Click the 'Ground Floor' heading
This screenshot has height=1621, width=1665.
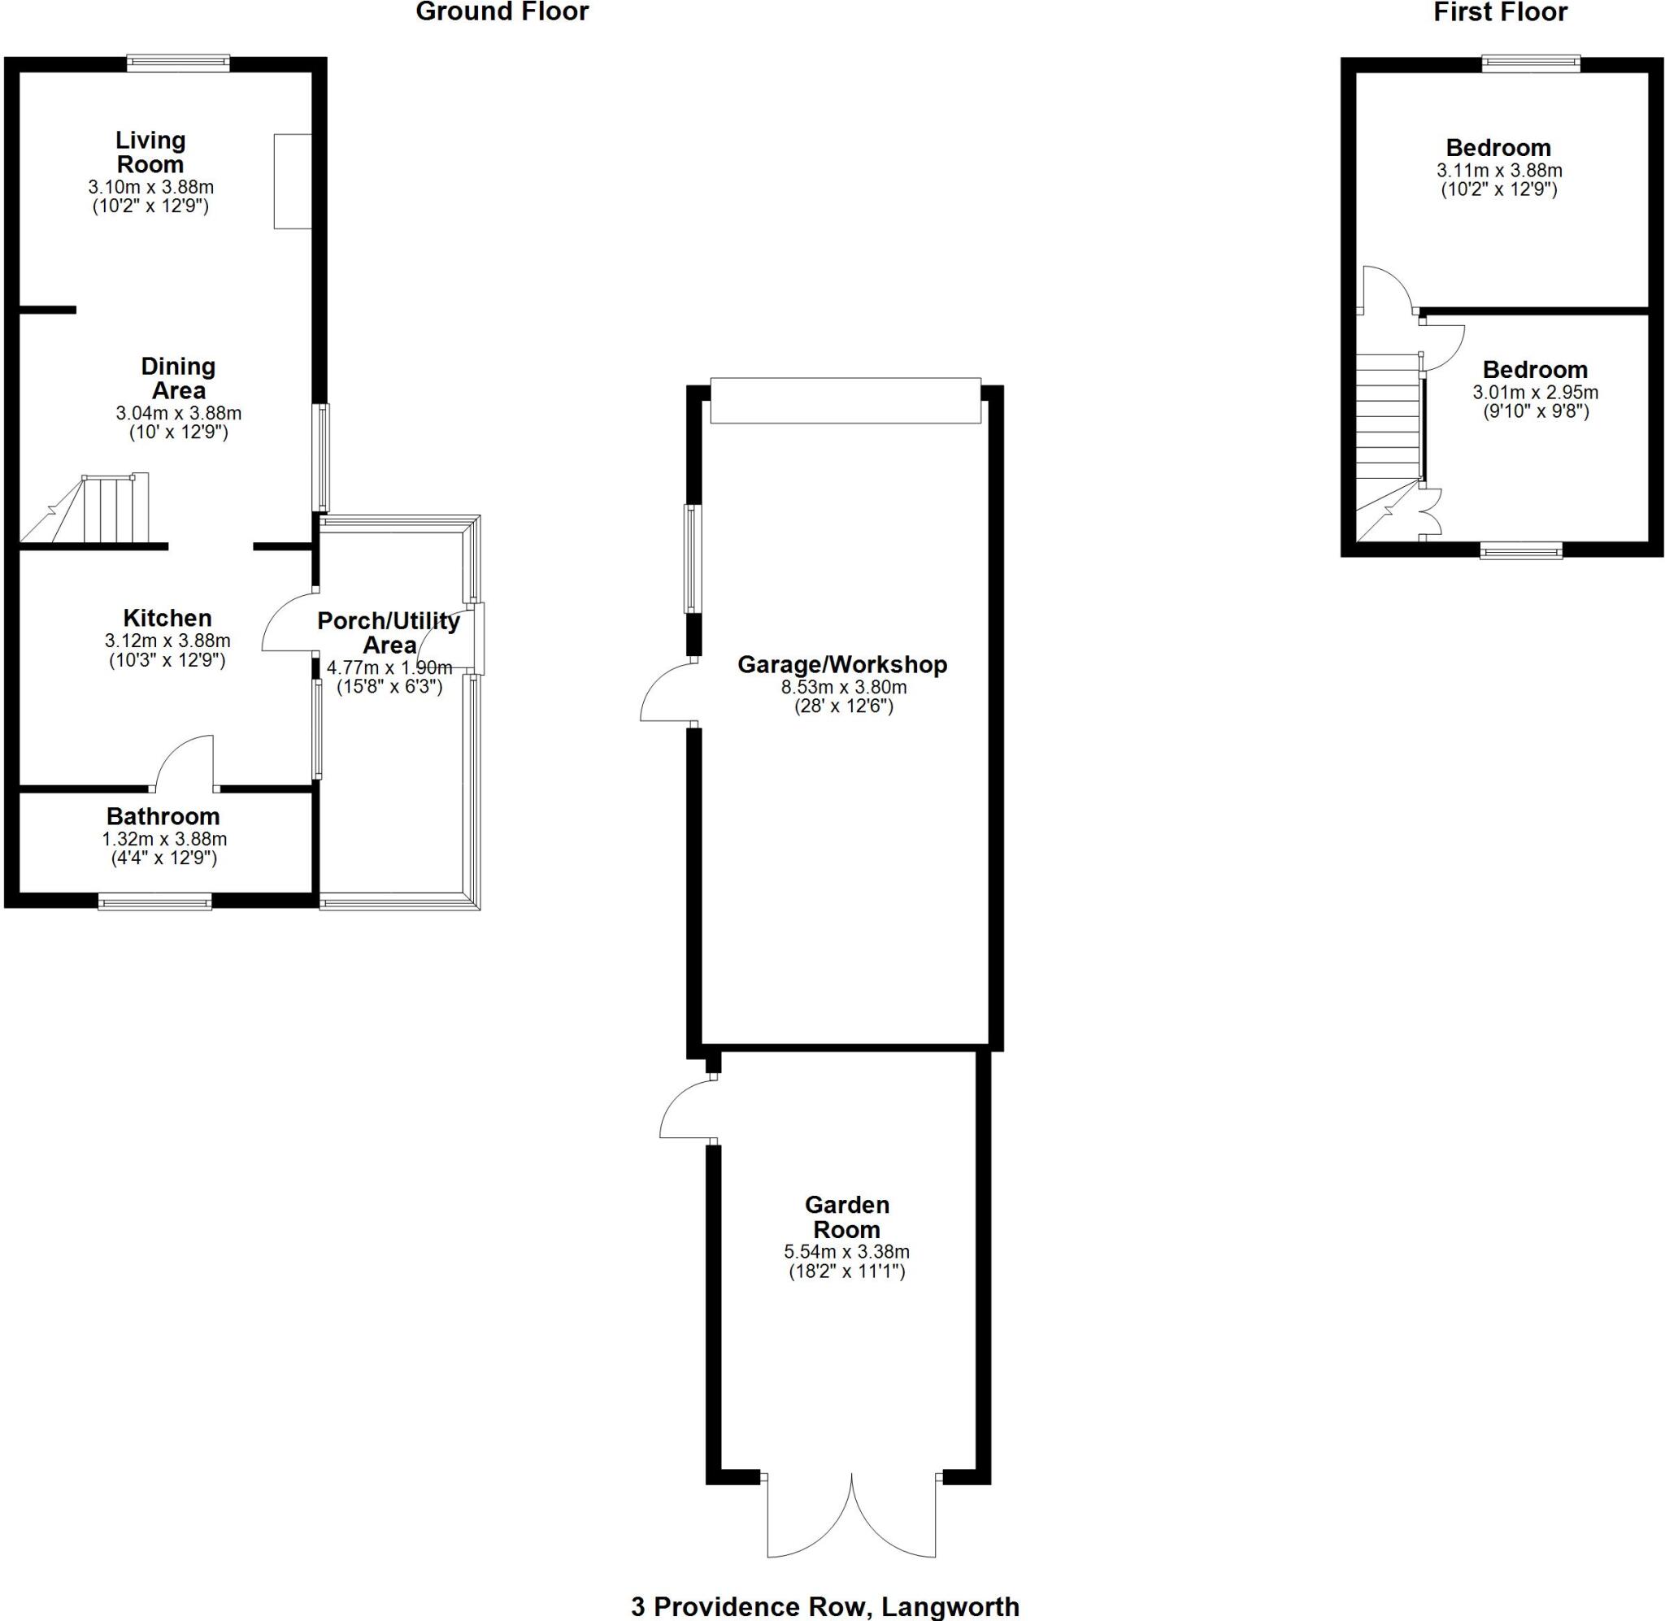[502, 13]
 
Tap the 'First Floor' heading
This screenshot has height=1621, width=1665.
[1512, 13]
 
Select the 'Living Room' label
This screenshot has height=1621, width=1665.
[150, 151]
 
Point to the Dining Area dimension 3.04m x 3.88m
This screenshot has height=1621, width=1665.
[178, 414]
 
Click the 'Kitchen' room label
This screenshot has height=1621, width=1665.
[167, 618]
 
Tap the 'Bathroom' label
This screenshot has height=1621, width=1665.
[163, 816]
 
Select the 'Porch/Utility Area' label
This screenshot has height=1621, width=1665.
[388, 632]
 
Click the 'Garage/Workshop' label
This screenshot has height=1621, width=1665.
[842, 665]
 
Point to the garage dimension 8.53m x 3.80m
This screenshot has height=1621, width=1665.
[844, 687]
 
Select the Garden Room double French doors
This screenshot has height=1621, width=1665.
[851, 1528]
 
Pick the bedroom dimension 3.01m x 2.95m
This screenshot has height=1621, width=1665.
[1535, 393]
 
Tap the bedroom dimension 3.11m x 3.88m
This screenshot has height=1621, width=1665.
[1499, 170]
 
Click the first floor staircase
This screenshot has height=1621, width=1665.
[1388, 434]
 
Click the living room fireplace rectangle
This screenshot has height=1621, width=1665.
[292, 180]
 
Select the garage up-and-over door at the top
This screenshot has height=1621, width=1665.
[846, 400]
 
